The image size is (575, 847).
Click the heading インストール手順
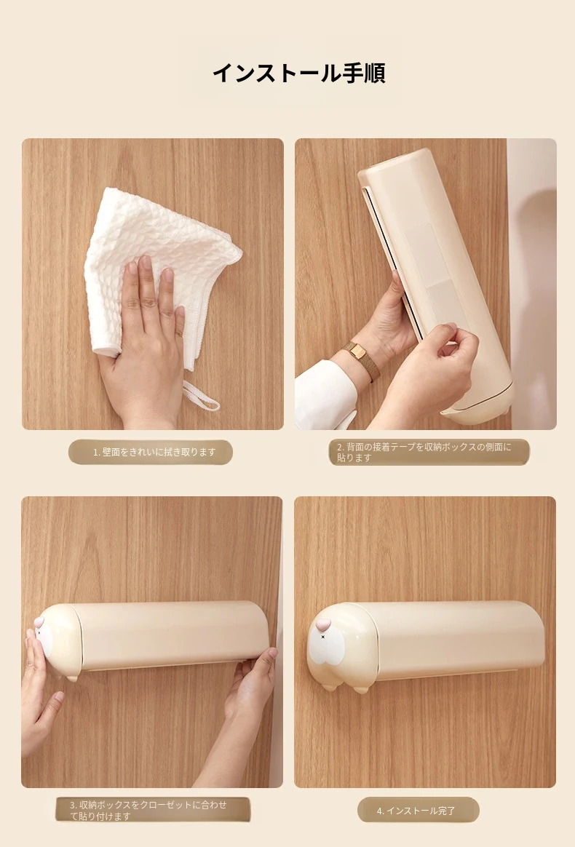298,73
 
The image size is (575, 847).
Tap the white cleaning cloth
162,259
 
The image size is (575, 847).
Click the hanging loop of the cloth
201,395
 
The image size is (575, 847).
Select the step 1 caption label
150,452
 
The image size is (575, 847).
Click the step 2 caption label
429,452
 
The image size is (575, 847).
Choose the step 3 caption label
153,811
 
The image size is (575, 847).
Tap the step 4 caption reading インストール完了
419,811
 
